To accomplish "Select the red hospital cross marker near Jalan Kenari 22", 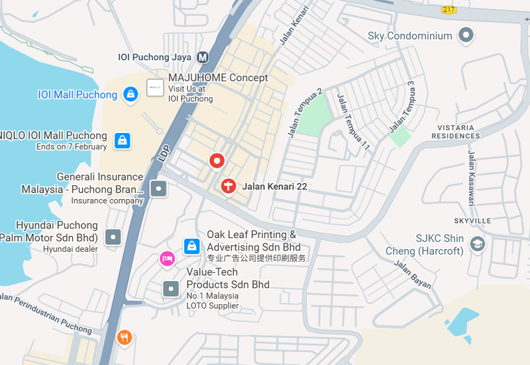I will coord(229,186).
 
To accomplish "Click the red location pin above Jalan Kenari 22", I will coord(217,160).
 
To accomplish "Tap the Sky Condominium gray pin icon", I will coord(467,36).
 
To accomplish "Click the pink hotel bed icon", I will coord(168,259).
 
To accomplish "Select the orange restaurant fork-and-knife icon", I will coord(124,338).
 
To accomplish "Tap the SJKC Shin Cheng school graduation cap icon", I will coord(477,244).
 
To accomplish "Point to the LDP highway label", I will coord(164,153).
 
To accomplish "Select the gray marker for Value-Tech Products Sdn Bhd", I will coord(172,288).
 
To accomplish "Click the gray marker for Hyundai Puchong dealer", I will coord(114,237).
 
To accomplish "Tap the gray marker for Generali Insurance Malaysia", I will coord(158,189).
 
